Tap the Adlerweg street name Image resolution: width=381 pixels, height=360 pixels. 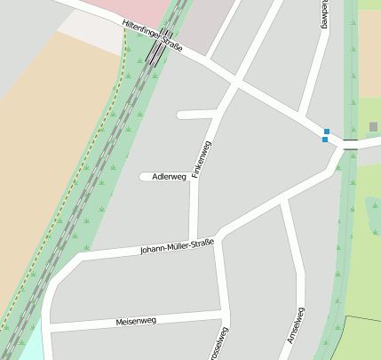pyautogui.click(x=170, y=177)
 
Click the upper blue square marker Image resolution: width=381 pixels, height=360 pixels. pyautogui.click(x=327, y=132)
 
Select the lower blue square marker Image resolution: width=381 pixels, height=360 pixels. pyautogui.click(x=325, y=140)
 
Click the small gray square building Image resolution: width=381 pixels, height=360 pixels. pyautogui.click(x=373, y=127)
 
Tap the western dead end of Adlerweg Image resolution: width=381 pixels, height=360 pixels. pyautogui.click(x=143, y=177)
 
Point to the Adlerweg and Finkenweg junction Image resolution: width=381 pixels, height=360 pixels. pyautogui.click(x=194, y=176)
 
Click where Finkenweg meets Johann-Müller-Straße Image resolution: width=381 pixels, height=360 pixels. pyautogui.click(x=194, y=239)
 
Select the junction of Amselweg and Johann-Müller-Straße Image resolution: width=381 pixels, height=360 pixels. pyautogui.click(x=283, y=204)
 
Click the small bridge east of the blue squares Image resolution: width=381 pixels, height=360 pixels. pyautogui.click(x=351, y=142)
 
